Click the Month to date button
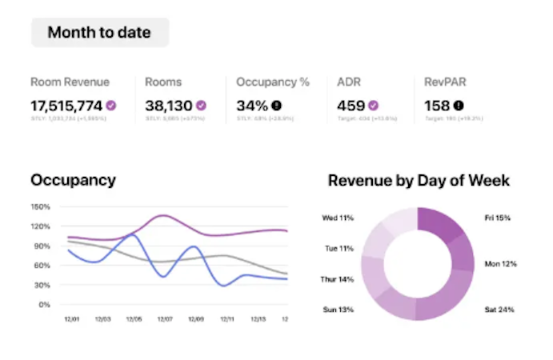[99, 33]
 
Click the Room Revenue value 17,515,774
[66, 105]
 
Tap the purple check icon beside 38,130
[202, 105]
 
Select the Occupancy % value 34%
[252, 105]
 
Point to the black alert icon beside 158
[459, 105]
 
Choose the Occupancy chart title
[73, 180]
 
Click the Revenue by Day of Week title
[419, 180]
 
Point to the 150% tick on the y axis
[41, 206]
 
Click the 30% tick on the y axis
[42, 285]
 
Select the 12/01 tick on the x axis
[71, 320]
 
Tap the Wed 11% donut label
[338, 218]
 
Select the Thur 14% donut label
[337, 279]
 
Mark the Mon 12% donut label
[500, 264]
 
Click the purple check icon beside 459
[373, 105]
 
